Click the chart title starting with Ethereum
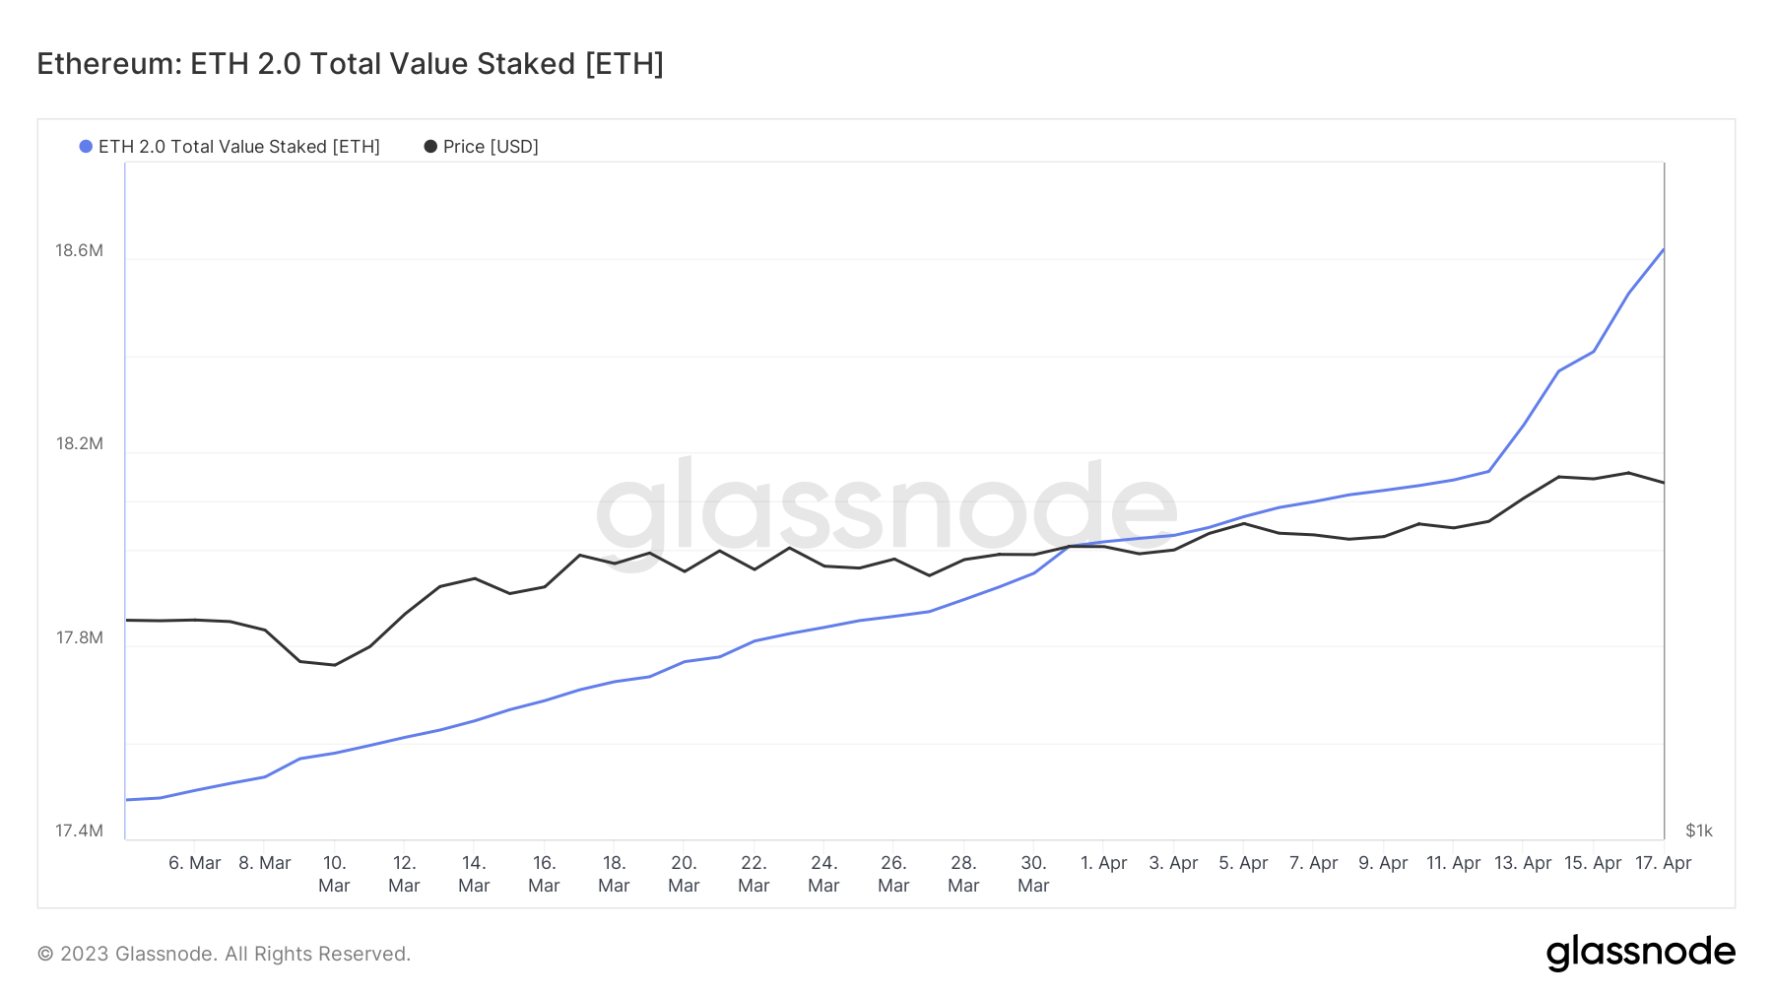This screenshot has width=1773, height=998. [350, 64]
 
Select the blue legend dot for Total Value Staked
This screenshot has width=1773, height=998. [86, 147]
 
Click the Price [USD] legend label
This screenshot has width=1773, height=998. [490, 147]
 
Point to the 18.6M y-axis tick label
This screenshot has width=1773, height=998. [79, 250]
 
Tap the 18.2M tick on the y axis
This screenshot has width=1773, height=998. [79, 443]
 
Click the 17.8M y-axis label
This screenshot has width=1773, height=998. [79, 637]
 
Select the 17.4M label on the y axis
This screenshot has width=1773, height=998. [79, 831]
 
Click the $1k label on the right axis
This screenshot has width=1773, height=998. [1698, 831]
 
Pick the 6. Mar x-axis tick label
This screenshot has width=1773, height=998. [194, 863]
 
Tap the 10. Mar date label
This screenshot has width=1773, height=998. [334, 874]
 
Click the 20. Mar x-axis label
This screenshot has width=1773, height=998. [684, 874]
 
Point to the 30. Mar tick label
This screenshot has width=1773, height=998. [1033, 874]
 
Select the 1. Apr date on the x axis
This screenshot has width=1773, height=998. [1103, 863]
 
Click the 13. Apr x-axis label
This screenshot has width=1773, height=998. [1522, 863]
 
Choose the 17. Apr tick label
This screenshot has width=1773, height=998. [1663, 863]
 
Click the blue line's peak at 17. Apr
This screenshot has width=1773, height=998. [1663, 250]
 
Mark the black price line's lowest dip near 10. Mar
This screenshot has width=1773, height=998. [335, 665]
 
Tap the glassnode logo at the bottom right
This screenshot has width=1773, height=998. [1640, 953]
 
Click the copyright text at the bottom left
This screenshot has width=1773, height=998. [224, 954]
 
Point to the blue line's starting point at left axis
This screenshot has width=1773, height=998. [127, 800]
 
